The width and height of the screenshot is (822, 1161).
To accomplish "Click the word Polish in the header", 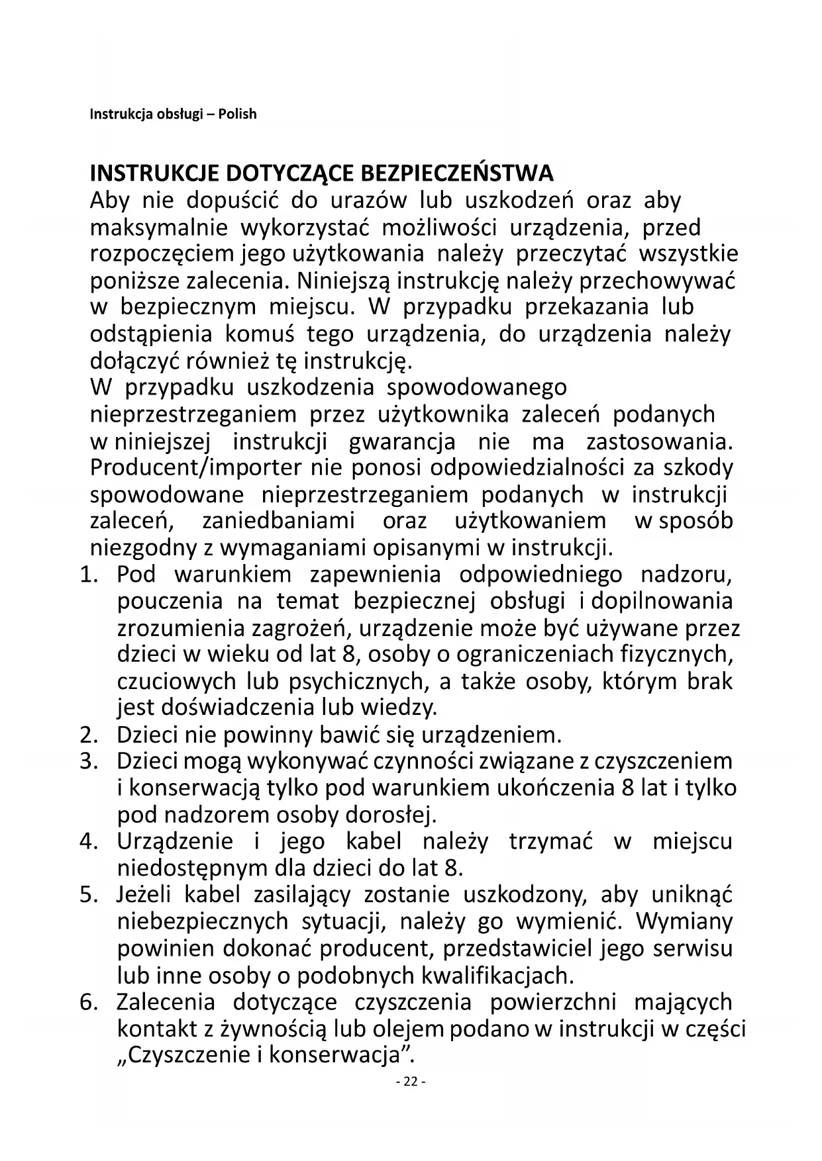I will [x=237, y=114].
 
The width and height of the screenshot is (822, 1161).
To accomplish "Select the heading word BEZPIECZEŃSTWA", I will [x=457, y=173].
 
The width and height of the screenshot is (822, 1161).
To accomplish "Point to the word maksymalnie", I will [x=159, y=228].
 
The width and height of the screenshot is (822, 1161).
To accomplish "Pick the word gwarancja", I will [x=402, y=441].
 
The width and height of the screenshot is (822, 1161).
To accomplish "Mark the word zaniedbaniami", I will [x=279, y=521].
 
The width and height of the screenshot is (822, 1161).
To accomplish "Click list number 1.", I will [x=89, y=575].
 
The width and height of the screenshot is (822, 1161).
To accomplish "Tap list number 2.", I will [x=89, y=735].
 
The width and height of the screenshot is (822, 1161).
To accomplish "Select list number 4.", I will [x=89, y=842].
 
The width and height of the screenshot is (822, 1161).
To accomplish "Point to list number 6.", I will [x=89, y=1002].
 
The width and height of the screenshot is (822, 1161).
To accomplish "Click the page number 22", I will [x=411, y=1082].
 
